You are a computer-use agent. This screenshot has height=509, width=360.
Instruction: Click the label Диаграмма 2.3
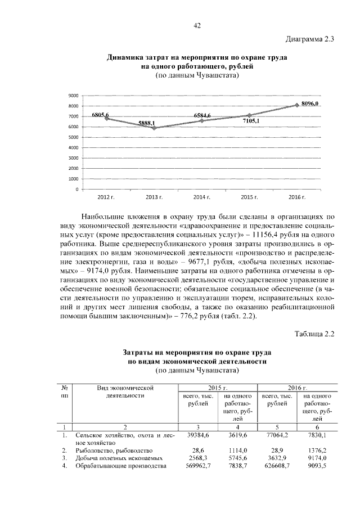point(310,39)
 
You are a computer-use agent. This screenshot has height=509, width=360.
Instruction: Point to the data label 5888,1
point(147,123)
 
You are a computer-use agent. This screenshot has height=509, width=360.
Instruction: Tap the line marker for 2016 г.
point(298,105)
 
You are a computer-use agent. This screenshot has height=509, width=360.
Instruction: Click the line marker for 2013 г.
point(154,128)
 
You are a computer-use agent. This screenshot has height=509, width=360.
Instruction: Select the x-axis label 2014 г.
point(202,198)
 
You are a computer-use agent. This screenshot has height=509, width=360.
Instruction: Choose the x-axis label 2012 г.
point(106,198)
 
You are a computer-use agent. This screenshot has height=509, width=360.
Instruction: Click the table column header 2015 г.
point(217,388)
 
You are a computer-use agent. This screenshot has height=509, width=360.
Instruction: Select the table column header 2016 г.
point(297,388)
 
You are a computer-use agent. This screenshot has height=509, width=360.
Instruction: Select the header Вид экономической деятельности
point(125,391)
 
